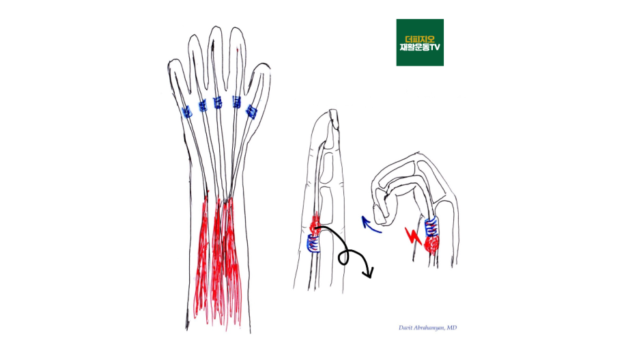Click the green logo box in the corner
pos(420,42)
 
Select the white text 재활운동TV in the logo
pos(420,49)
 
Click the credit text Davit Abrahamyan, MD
pos(428,328)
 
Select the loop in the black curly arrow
pos(345,257)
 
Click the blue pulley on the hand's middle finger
pos(218,103)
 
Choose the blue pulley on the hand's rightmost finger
pos(251,111)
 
